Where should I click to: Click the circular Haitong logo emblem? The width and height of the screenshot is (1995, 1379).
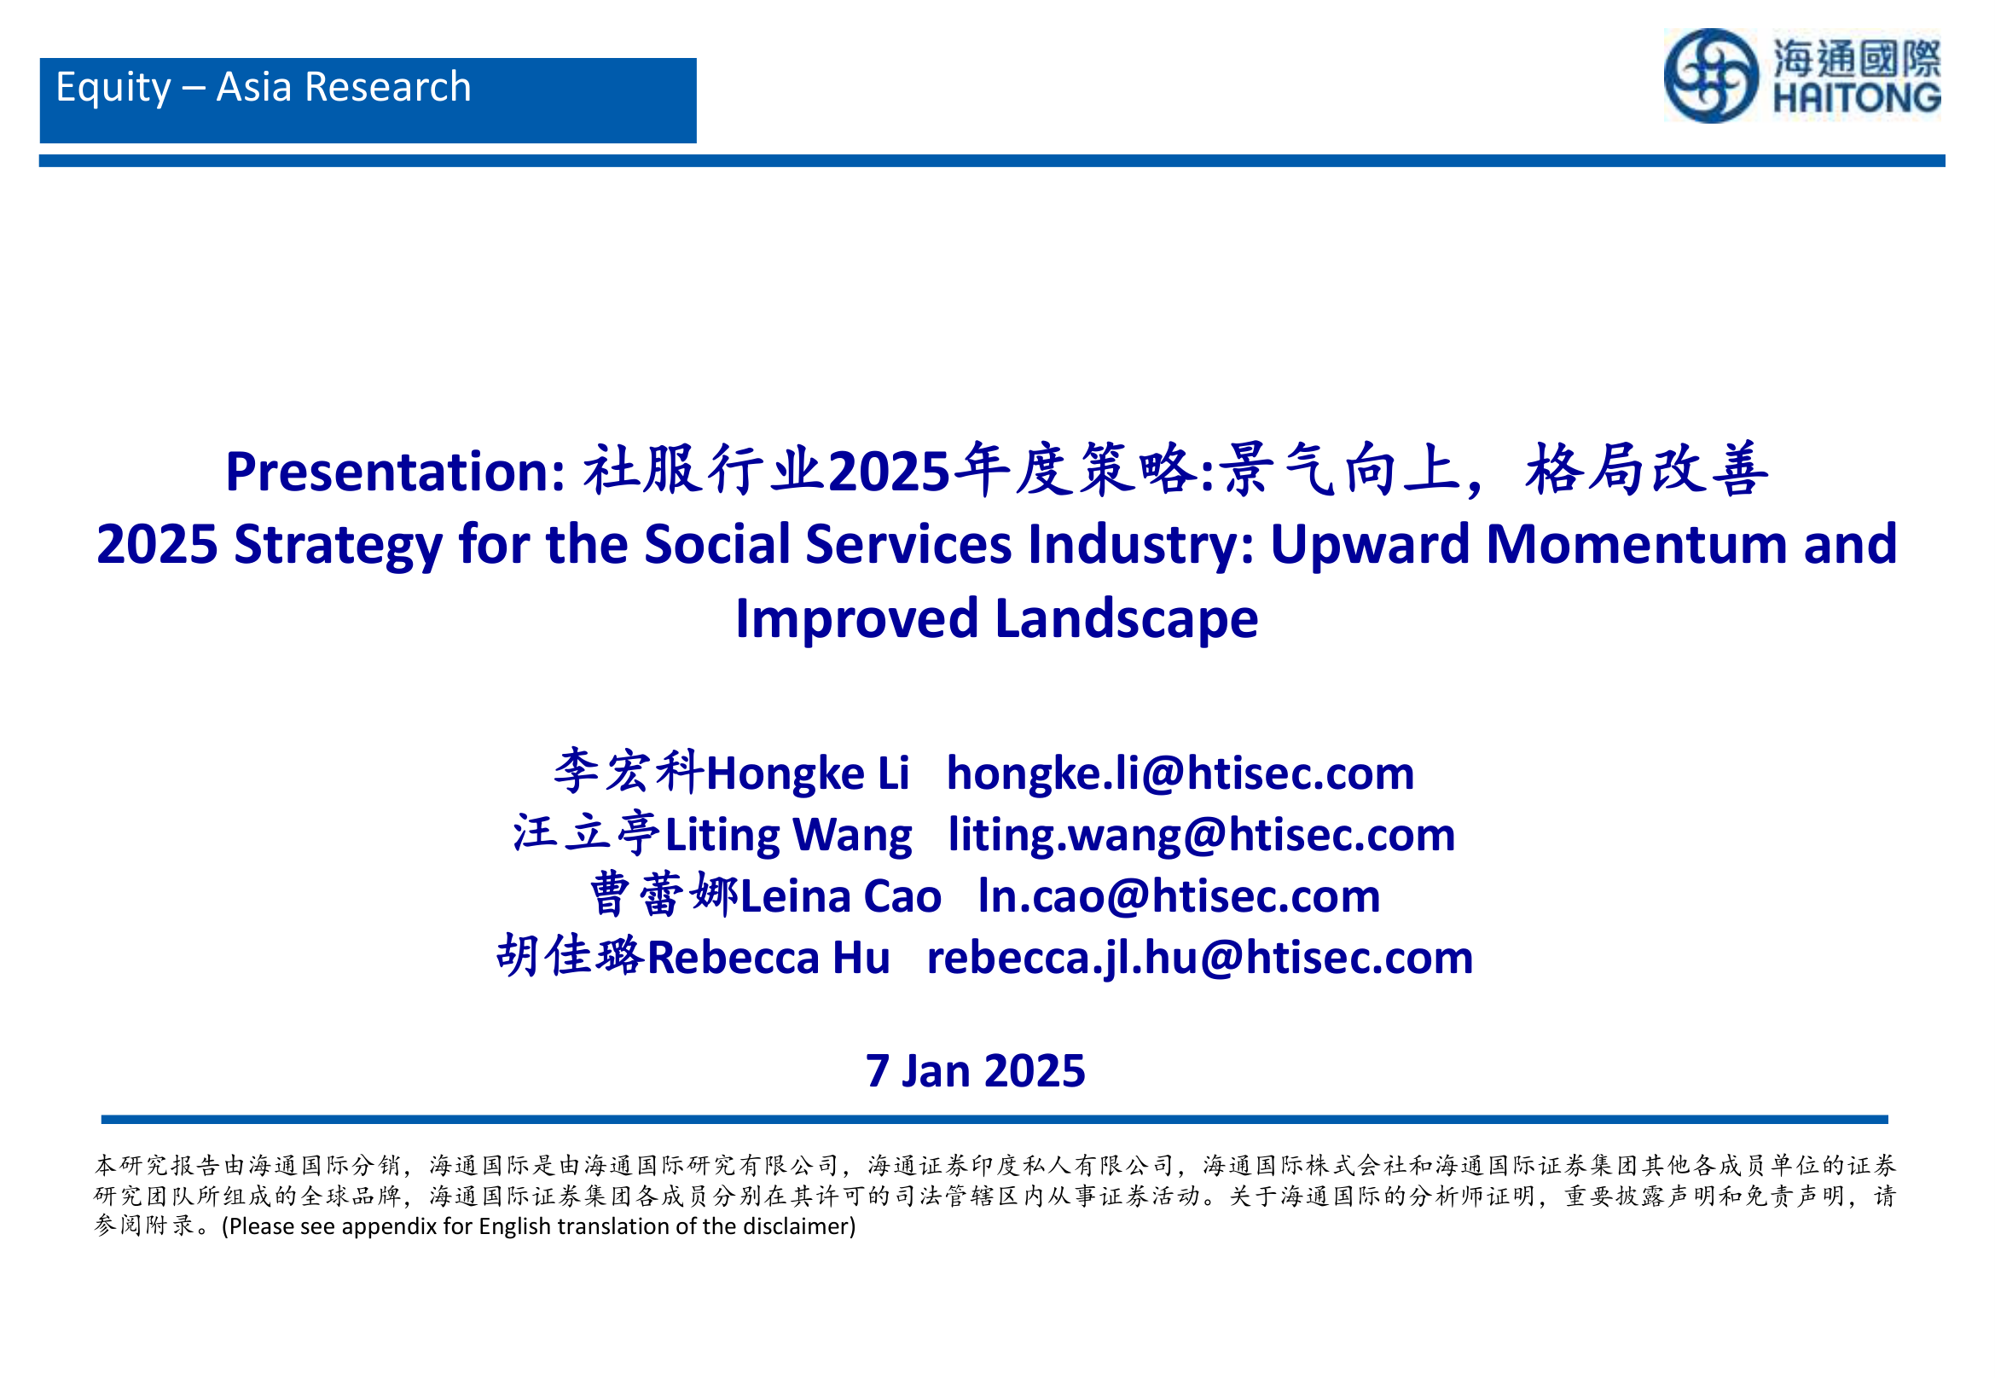(x=1711, y=76)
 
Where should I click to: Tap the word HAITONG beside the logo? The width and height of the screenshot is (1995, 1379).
(x=1857, y=97)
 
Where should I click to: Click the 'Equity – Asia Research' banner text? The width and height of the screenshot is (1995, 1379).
(x=264, y=88)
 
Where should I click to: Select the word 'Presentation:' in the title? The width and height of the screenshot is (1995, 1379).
(x=395, y=472)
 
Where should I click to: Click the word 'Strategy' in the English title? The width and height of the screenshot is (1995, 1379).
(x=338, y=546)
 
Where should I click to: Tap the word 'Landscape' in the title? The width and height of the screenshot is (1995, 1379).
(x=1126, y=620)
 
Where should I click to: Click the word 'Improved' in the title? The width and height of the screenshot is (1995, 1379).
(x=856, y=620)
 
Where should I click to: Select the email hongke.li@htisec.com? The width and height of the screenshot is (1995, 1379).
(x=1180, y=774)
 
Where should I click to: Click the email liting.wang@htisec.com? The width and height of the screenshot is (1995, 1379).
(x=1201, y=836)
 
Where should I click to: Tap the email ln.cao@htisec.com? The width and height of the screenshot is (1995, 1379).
(x=1179, y=896)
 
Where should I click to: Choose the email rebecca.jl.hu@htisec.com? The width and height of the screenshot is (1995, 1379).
(x=1199, y=959)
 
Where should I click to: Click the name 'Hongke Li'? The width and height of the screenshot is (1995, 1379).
(x=808, y=774)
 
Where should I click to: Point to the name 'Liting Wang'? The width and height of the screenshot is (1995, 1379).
(x=788, y=836)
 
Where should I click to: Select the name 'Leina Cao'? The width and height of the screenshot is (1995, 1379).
(x=841, y=896)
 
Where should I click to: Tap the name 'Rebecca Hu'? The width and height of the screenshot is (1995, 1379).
(x=768, y=959)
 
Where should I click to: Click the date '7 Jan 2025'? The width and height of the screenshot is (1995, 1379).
(x=976, y=1071)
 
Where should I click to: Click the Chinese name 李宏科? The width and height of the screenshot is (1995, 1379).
(x=629, y=772)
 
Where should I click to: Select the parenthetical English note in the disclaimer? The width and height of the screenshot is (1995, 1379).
(x=538, y=1227)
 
